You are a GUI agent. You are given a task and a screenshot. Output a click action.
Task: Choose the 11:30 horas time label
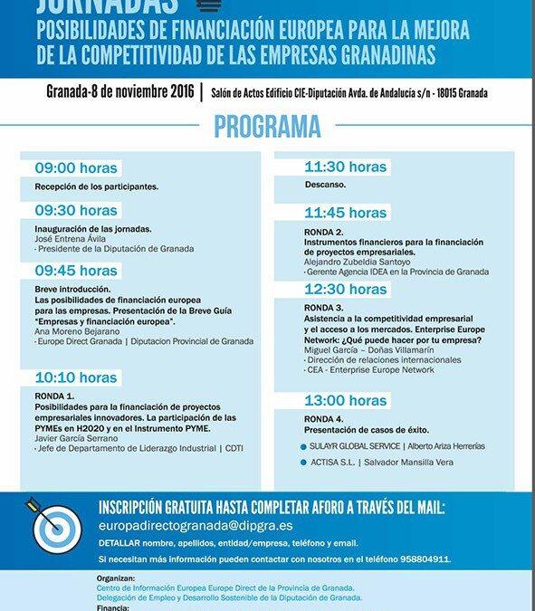click(345, 167)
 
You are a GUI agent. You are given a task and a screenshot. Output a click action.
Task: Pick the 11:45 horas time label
click(345, 214)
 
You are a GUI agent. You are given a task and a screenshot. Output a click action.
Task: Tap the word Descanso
click(326, 186)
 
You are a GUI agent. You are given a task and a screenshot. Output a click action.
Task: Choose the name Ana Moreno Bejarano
click(78, 330)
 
